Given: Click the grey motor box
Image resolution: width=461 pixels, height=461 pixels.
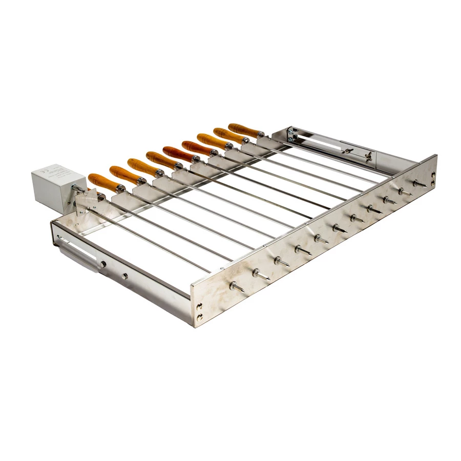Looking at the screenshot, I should coord(51,185).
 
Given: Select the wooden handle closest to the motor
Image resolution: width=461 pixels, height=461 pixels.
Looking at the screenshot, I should coord(102,181).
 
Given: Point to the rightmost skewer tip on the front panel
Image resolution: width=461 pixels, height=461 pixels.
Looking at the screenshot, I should coord(419,183).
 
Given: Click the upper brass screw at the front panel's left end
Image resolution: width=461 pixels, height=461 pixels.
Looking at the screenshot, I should coord(200,307).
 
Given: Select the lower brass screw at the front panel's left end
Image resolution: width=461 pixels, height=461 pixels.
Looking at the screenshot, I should coord(199,318).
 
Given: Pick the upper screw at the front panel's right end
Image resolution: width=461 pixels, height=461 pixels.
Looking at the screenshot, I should coord(433,175).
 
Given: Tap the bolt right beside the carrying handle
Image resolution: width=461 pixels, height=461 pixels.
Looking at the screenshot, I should coord(103,264).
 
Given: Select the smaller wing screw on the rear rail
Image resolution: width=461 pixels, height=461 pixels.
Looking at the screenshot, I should coord(347,151).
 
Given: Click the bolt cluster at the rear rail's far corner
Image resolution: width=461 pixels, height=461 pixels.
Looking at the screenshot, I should coord(290,134).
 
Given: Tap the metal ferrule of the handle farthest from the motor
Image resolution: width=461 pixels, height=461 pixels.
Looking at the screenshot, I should coord(260,135).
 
